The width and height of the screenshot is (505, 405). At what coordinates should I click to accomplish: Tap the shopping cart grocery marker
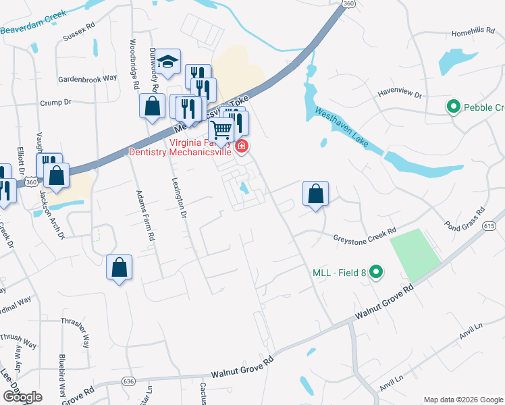[221, 128]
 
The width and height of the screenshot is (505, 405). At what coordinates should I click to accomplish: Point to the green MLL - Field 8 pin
[377, 273]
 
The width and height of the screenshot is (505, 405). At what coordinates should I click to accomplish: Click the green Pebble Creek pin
[453, 107]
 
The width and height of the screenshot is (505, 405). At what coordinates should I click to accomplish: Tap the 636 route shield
[129, 381]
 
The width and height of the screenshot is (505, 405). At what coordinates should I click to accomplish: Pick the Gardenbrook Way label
[87, 78]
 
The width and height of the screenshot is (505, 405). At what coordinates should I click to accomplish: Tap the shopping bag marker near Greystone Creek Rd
[315, 194]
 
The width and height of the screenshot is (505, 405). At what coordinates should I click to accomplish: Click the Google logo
[22, 397]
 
